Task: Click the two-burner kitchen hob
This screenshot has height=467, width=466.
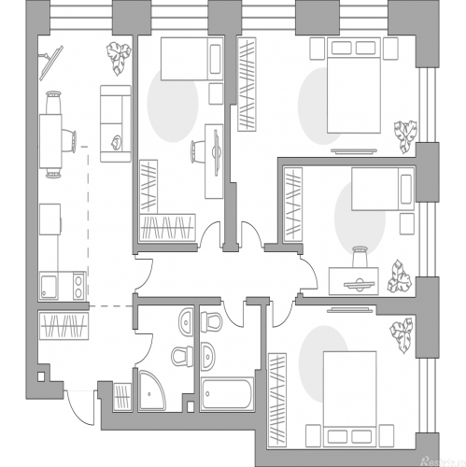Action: coord(78,282)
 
